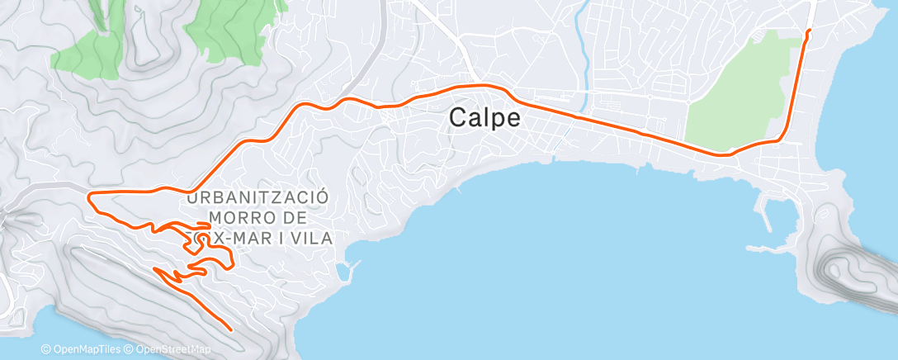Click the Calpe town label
click(x=484, y=118)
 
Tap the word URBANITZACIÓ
click(x=258, y=198)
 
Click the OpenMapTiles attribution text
click(x=83, y=349)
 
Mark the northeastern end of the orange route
click(x=808, y=31)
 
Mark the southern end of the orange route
click(x=230, y=329)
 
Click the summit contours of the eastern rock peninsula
click(x=846, y=268)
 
